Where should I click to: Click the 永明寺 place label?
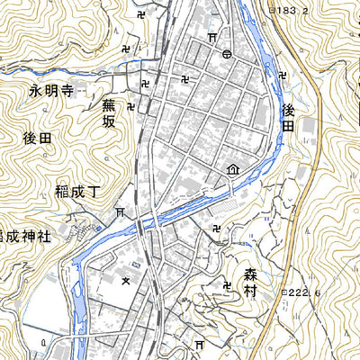tap(49, 91)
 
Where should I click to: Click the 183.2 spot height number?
tap(293, 10)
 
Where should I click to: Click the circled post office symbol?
tap(228, 54)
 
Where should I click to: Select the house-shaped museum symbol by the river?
tap(232, 170)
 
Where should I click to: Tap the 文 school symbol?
tap(126, 282)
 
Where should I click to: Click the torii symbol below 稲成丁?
tap(121, 212)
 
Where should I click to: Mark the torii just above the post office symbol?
tap(212, 38)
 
